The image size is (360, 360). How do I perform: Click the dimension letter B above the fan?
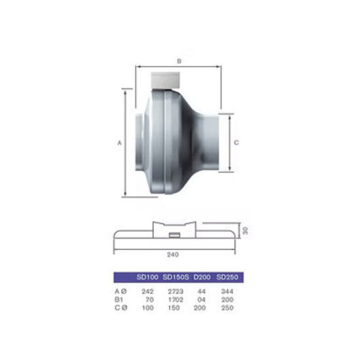pyautogui.click(x=179, y=61)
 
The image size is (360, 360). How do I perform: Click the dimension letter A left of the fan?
pyautogui.click(x=119, y=143)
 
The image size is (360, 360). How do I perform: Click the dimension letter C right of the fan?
pyautogui.click(x=236, y=143)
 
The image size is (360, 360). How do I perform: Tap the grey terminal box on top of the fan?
pyautogui.click(x=166, y=81)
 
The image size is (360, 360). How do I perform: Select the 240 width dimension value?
pyautogui.click(x=173, y=255)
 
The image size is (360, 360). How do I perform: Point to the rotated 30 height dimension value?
pyautogui.click(x=245, y=230)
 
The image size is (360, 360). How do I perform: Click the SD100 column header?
pyautogui.click(x=147, y=277)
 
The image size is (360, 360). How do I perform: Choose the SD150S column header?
pyautogui.click(x=176, y=277)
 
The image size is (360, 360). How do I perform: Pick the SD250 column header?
pyautogui.click(x=227, y=277)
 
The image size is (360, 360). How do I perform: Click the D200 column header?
pyautogui.click(x=202, y=277)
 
